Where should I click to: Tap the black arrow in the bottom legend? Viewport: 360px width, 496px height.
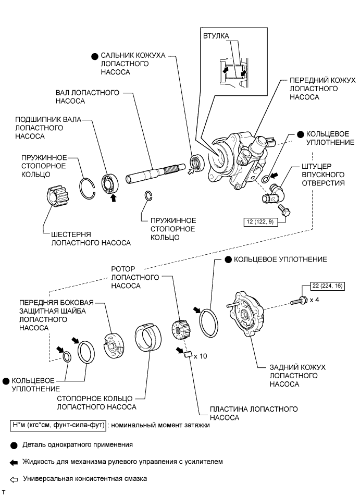(x=14, y=462)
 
